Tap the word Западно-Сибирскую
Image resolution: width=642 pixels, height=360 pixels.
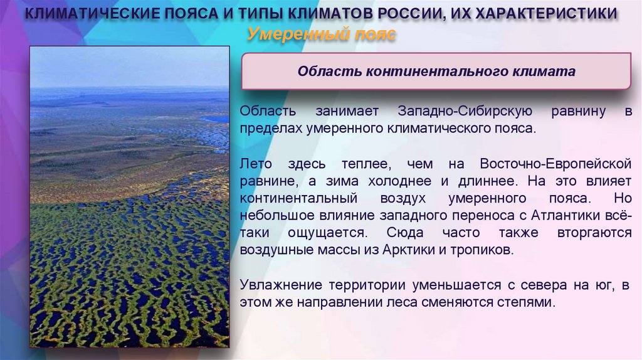(465, 112)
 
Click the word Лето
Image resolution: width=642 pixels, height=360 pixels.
(256, 164)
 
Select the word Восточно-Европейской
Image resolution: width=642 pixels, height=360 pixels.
(555, 164)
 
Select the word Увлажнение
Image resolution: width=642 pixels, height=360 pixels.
(276, 285)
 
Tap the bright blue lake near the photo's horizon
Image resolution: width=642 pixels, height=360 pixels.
(215, 118)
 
